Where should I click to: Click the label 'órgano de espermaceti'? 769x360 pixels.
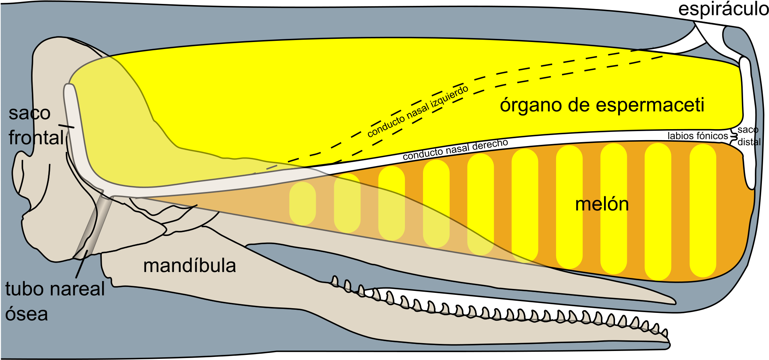click(x=602, y=105)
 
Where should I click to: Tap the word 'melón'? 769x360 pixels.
click(x=602, y=204)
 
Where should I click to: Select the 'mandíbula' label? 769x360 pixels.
click(x=189, y=266)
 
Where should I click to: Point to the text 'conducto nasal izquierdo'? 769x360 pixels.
click(x=417, y=111)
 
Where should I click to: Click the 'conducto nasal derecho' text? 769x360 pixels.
click(x=455, y=150)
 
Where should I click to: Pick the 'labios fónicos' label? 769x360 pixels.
click(x=698, y=136)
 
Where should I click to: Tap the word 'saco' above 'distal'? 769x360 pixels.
click(x=747, y=130)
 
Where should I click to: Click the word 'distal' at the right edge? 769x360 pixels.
click(x=749, y=142)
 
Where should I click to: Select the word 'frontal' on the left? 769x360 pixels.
click(x=36, y=138)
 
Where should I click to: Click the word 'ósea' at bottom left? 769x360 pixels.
click(x=26, y=314)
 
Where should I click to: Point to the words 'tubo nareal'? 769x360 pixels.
click(x=55, y=289)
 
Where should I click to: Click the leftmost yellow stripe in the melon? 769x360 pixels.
click(x=302, y=203)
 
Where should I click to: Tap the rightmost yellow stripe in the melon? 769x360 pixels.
click(x=703, y=210)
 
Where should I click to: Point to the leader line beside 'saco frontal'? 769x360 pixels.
click(x=66, y=126)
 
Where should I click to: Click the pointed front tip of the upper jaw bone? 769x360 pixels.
click(x=674, y=302)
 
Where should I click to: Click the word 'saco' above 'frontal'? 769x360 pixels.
click(x=29, y=113)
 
